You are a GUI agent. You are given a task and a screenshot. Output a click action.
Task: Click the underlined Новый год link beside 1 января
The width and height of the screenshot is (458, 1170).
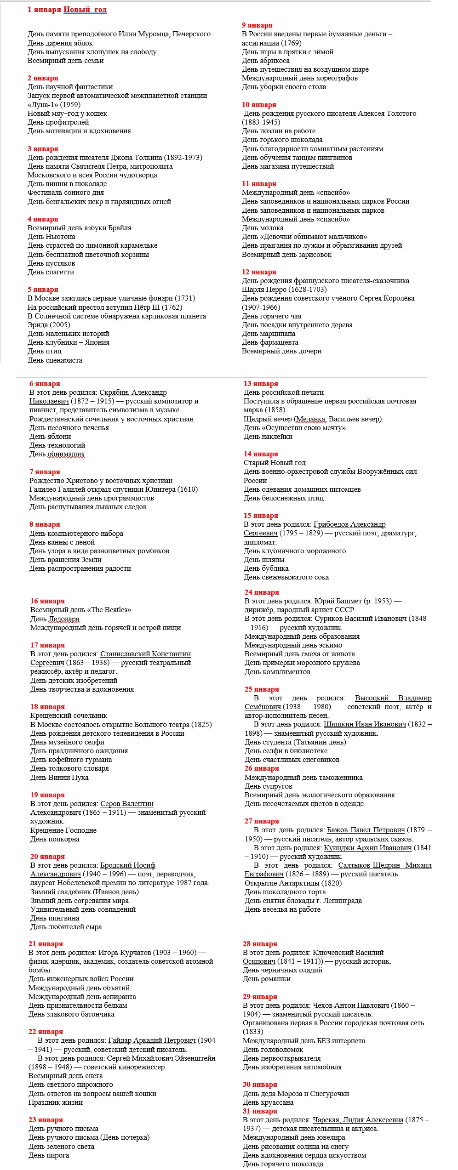click(85, 10)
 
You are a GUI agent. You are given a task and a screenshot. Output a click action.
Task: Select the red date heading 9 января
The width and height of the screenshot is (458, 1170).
click(257, 25)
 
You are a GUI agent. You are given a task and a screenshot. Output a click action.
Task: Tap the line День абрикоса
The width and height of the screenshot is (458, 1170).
click(266, 61)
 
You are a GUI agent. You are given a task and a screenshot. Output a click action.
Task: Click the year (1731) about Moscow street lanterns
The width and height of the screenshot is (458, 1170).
click(185, 298)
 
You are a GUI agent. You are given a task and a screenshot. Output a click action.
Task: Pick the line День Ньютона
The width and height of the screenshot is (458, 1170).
click(52, 237)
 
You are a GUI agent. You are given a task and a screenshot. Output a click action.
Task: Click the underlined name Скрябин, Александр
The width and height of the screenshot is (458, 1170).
click(133, 392)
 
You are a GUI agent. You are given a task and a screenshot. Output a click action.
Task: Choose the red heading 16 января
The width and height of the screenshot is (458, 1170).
click(47, 601)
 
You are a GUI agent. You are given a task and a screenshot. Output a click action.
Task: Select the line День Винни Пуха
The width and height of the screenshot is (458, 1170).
click(59, 778)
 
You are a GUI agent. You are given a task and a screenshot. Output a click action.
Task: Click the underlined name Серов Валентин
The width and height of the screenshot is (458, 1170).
click(127, 804)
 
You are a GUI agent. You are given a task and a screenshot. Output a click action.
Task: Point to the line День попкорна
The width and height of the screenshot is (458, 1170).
click(55, 839)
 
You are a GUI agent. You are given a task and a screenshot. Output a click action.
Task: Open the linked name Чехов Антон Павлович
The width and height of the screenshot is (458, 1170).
click(351, 1005)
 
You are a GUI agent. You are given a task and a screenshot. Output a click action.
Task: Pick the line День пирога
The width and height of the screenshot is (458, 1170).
click(49, 1155)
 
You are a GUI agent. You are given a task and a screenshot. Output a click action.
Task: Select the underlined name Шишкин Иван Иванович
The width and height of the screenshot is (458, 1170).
click(365, 724)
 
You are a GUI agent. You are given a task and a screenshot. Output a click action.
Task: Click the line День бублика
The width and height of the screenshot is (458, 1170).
click(266, 568)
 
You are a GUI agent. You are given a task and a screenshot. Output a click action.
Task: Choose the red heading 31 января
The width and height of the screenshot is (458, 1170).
click(260, 1111)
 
